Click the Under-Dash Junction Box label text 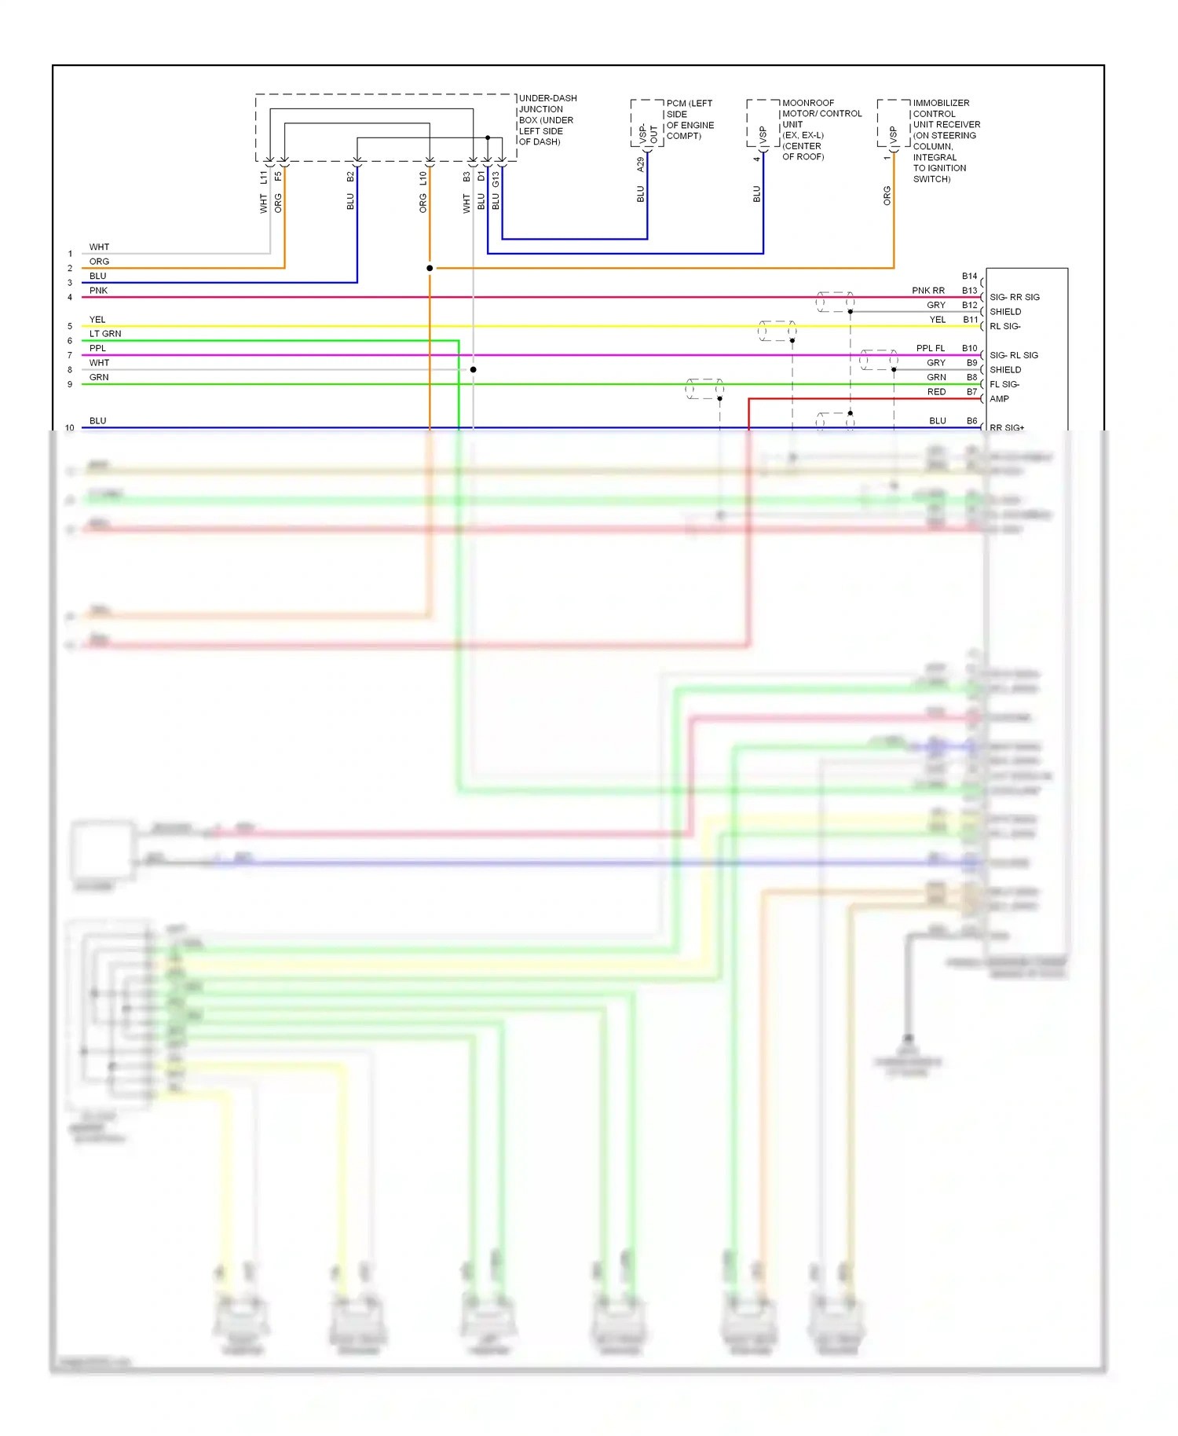pos(547,120)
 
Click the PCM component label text pos(690,119)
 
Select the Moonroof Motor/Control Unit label pos(821,130)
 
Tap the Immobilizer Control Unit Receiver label pos(946,141)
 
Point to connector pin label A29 pos(640,164)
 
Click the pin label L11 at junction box pos(264,178)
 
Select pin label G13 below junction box pos(496,179)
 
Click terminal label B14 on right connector pos(969,277)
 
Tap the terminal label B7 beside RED pos(971,392)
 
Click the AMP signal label pos(999,399)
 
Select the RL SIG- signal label pos(1004,326)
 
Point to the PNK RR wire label pos(927,291)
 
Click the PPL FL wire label pos(930,349)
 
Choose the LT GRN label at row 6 pos(105,334)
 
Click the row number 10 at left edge pos(70,428)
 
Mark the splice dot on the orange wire pos(430,269)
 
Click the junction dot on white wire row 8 pos(473,369)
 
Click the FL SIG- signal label pos(1004,384)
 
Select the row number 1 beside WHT pos(70,254)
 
